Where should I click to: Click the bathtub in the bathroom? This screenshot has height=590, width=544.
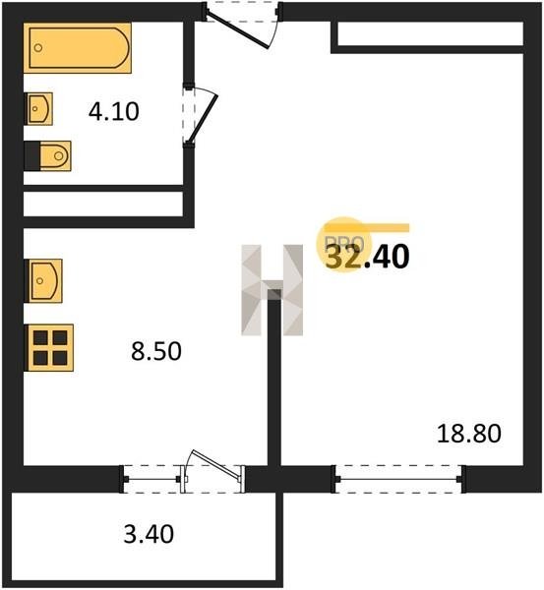(x=78, y=48)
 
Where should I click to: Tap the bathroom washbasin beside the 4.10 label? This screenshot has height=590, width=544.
(x=38, y=109)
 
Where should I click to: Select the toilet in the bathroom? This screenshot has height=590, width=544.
(x=48, y=155)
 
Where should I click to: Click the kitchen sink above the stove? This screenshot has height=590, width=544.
(x=43, y=280)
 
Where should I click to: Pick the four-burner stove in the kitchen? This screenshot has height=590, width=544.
(x=49, y=348)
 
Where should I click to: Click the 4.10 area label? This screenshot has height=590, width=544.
(x=114, y=112)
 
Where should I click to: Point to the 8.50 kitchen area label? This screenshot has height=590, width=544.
(x=156, y=351)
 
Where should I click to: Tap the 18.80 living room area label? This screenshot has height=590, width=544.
(x=469, y=433)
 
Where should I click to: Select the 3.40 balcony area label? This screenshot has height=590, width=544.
(x=149, y=534)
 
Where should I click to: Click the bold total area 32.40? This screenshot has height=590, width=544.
(x=367, y=257)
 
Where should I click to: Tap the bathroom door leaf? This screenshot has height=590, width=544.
(x=204, y=119)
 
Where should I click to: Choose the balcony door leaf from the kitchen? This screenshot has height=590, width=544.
(x=216, y=465)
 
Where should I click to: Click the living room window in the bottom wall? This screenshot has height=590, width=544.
(x=398, y=479)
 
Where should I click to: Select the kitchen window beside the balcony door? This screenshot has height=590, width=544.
(x=152, y=479)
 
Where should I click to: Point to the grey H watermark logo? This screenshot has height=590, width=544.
(x=272, y=290)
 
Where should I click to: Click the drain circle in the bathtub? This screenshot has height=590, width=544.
(x=38, y=48)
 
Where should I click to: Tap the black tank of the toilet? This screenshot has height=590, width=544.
(x=32, y=155)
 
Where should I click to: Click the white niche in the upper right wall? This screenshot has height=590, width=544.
(x=430, y=33)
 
